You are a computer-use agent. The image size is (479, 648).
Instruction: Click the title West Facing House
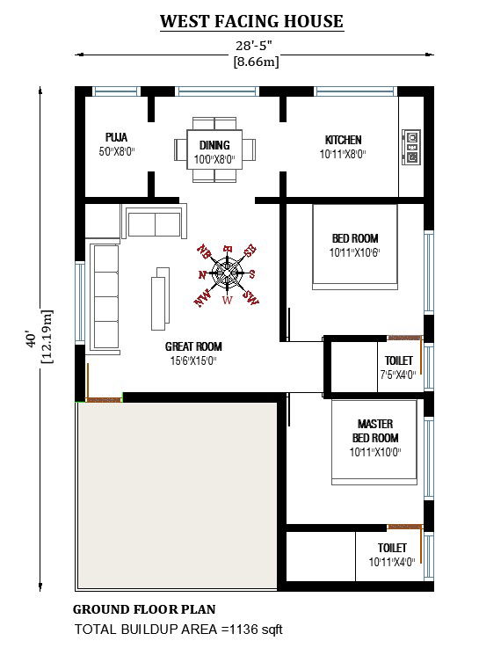point(251,22)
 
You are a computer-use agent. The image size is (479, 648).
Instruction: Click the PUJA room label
point(116,138)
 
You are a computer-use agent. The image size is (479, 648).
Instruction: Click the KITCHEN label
point(343,140)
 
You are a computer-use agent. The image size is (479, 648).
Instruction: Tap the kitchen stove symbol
point(410,147)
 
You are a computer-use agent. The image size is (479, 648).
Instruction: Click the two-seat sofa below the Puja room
point(156,223)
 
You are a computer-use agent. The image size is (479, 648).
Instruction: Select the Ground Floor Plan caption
point(144,609)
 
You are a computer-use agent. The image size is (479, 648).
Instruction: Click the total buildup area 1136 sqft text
point(178,630)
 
